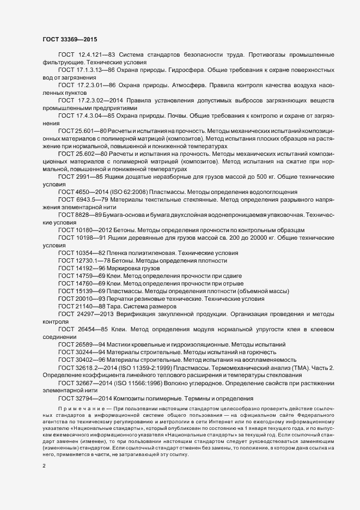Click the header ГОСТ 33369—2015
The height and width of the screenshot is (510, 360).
tap(70, 40)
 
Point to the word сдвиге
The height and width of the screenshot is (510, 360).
tap(231, 276)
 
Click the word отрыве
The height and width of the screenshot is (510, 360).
tap(231, 284)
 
